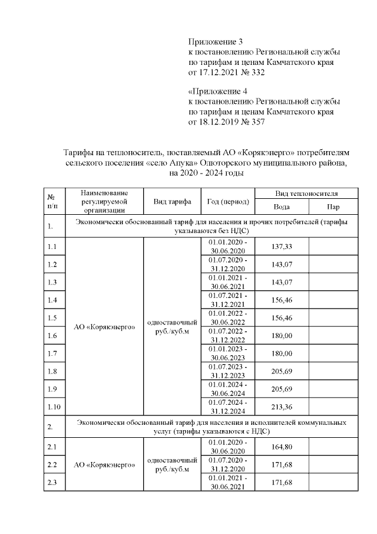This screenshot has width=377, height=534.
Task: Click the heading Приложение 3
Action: point(215,42)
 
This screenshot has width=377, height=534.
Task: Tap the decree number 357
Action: point(257,123)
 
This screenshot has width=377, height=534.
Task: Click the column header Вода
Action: point(282,207)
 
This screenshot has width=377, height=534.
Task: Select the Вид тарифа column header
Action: point(172,202)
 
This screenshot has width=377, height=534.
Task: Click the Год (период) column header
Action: point(228,202)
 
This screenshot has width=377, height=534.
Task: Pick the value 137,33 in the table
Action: point(282,246)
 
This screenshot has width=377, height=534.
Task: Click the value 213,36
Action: point(282,407)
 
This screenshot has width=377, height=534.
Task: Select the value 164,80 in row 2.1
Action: point(282,447)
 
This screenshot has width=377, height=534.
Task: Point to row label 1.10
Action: point(54,407)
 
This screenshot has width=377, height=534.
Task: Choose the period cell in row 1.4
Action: point(228,300)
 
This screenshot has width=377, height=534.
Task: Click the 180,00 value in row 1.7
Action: point(282,353)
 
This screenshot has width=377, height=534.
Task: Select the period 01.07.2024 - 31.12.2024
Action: point(228,407)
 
